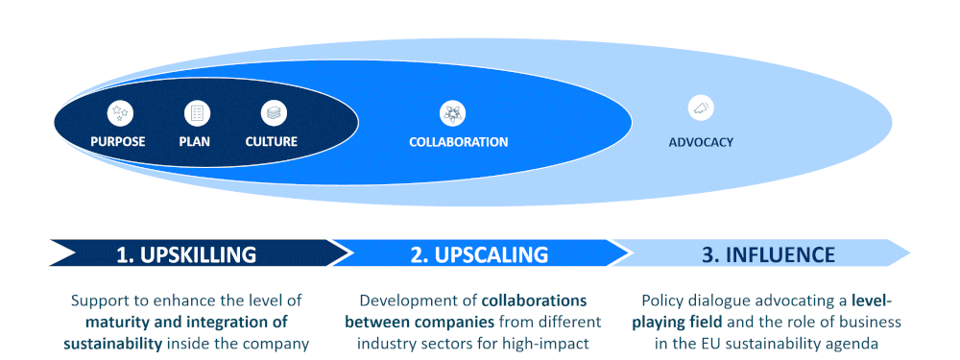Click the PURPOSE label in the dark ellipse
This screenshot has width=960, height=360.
click(x=118, y=142)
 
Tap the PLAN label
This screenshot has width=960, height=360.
click(x=195, y=142)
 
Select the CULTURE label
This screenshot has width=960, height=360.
click(x=272, y=142)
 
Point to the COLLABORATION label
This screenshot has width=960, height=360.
click(x=458, y=142)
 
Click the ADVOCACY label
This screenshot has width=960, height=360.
click(x=701, y=142)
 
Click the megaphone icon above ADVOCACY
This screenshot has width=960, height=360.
click(x=701, y=108)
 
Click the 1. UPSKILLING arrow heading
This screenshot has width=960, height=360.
click(x=187, y=254)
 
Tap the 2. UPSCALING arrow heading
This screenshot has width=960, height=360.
click(x=479, y=254)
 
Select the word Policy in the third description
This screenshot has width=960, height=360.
click(x=662, y=300)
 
